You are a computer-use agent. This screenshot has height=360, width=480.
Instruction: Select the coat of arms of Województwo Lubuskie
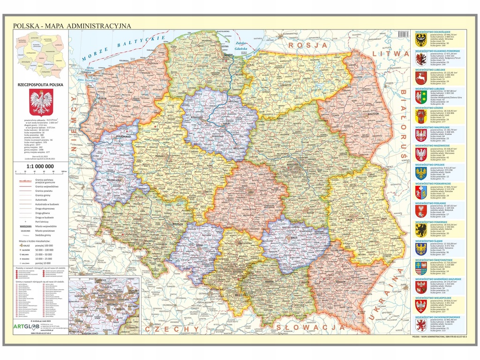coord(420,97)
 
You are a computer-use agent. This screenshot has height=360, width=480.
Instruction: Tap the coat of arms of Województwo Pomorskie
coord(420,229)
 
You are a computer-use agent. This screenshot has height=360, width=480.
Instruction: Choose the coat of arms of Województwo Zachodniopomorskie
coord(420,325)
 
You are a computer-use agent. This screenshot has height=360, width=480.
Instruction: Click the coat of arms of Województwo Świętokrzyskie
coord(420,267)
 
